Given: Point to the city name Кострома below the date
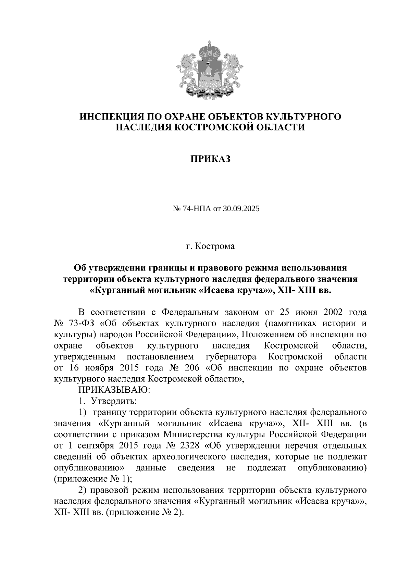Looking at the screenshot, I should [x=215, y=246].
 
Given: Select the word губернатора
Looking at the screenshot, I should [x=231, y=357].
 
